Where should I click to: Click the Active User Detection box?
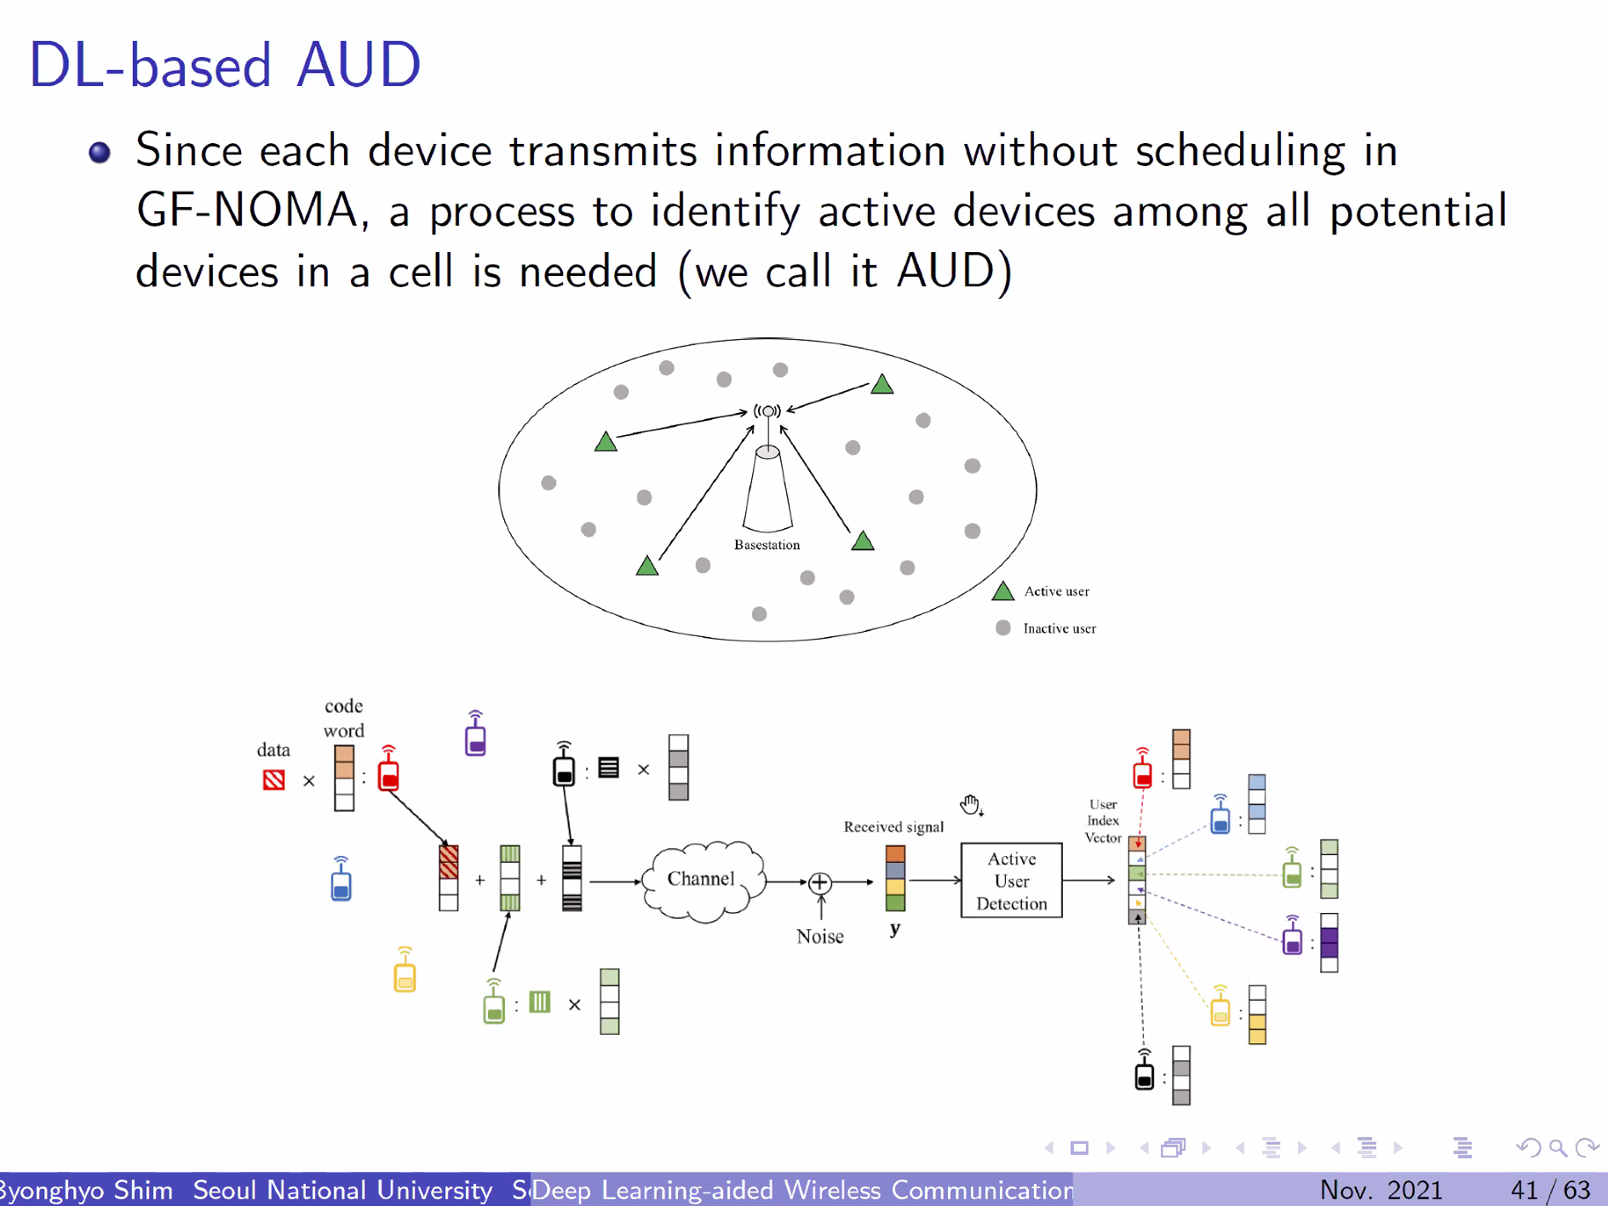point(1011,881)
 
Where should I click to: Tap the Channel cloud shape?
point(702,880)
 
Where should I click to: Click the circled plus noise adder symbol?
point(819,882)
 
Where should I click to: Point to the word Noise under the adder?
point(819,936)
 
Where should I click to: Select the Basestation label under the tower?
point(767,545)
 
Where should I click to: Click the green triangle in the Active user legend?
point(1003,591)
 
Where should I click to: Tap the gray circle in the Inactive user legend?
point(1003,628)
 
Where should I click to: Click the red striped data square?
point(273,779)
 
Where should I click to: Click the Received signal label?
point(893,826)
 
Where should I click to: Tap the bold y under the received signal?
point(894,928)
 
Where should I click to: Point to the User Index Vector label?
point(1102,821)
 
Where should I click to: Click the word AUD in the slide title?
point(359,65)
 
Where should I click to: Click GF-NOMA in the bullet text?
point(247,210)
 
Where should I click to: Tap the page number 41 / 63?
point(1550,1189)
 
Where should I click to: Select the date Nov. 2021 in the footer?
point(1381,1189)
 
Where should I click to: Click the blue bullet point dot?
point(100,152)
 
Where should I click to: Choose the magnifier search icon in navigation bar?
point(1557,1148)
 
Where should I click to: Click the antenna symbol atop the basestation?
point(767,411)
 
